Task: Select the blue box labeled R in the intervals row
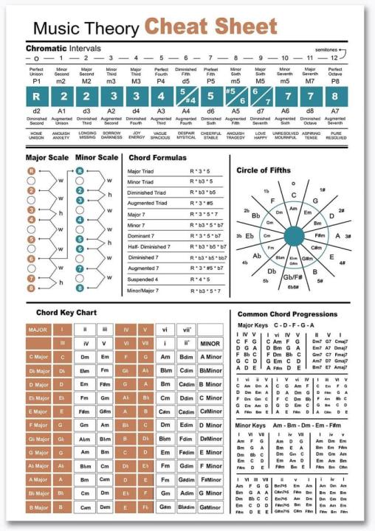[x=36, y=95]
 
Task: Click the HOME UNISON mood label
[x=36, y=135]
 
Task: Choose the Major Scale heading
[x=47, y=157]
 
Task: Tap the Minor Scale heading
[x=95, y=157]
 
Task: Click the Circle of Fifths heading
[x=264, y=170]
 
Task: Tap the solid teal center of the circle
[x=293, y=235]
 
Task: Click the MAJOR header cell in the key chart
[x=38, y=330]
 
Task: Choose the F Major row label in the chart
[x=38, y=426]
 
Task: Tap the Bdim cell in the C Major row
[x=186, y=357]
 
